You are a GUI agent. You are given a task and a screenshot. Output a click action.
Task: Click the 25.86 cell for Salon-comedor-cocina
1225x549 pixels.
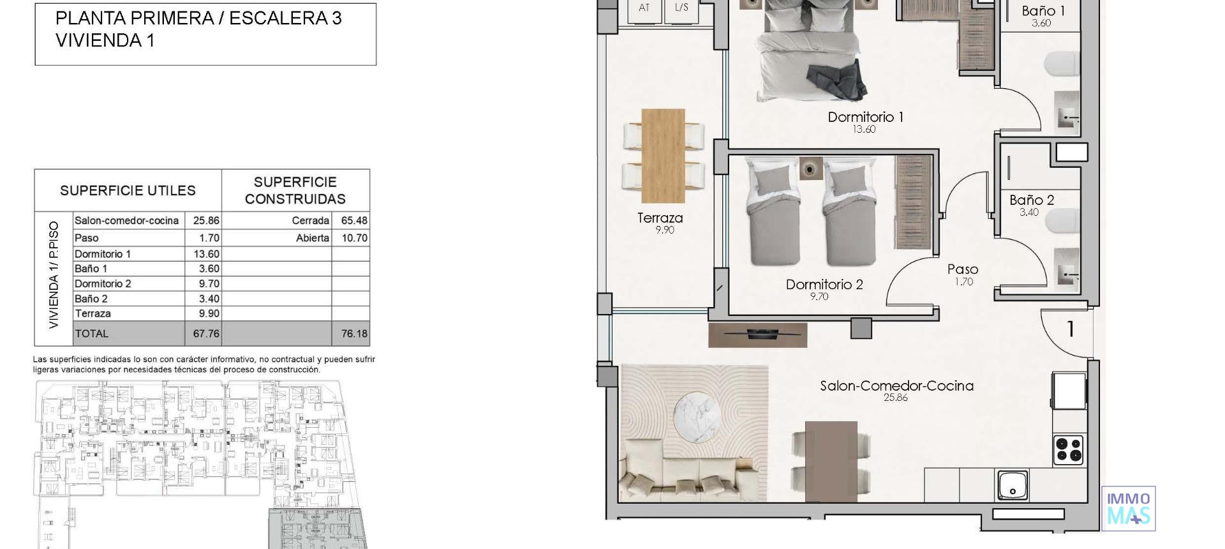point(206,221)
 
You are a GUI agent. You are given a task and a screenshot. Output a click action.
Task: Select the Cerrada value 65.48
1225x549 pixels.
point(353,221)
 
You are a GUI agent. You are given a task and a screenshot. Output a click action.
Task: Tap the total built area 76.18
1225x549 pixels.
point(353,334)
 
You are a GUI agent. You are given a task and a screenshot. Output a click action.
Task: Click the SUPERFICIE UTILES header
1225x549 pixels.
point(128,191)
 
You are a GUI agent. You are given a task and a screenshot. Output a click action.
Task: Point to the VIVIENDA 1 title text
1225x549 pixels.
point(105,41)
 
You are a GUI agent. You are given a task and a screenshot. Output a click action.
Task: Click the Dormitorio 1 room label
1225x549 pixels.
point(865,117)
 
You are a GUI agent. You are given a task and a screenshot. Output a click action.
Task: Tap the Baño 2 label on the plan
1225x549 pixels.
point(1032,200)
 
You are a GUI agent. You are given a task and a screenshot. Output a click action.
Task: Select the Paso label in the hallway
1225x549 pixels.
point(962,269)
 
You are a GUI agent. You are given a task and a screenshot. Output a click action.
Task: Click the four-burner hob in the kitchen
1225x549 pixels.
point(1068,449)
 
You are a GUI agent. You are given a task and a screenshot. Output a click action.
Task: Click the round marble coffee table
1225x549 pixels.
point(699,417)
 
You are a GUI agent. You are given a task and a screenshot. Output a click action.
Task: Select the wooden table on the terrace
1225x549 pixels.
point(663,156)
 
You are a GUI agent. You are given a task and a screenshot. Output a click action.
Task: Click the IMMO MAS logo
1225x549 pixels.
point(1128,508)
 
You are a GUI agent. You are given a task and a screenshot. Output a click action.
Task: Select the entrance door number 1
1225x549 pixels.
point(1070,329)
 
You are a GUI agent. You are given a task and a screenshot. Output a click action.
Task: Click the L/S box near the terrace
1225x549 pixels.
point(681,8)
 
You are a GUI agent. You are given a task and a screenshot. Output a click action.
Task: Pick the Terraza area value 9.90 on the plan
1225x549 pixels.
point(664,230)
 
